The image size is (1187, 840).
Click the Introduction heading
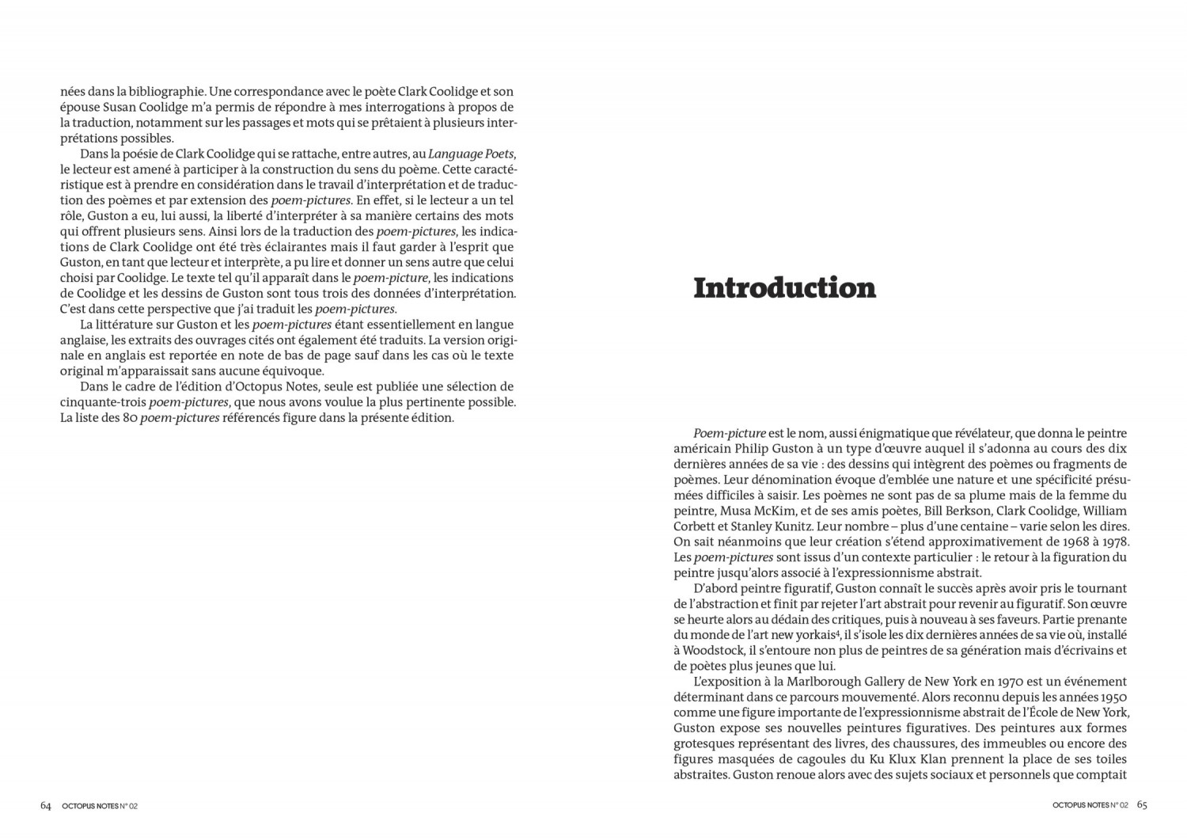point(784,288)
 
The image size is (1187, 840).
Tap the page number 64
point(46,805)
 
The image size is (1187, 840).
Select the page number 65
point(1142,805)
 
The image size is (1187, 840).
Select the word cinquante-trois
point(103,402)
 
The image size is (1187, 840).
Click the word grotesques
point(704,744)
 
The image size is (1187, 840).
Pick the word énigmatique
point(859,433)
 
